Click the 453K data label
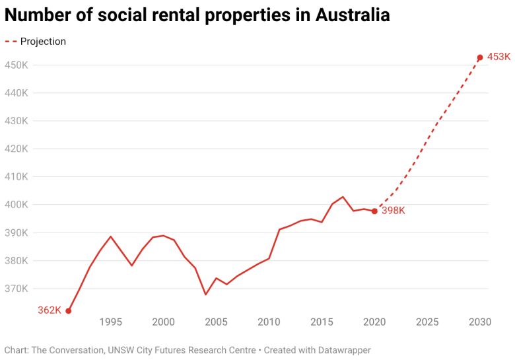(x=498, y=57)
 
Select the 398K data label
(x=393, y=211)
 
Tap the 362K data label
(x=50, y=310)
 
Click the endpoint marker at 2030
(x=480, y=57)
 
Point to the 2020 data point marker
(x=374, y=211)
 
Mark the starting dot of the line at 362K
(x=69, y=310)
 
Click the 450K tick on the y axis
(x=17, y=65)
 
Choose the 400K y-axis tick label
(x=17, y=205)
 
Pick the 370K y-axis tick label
(x=17, y=289)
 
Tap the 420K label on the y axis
(x=17, y=149)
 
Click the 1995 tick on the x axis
(x=110, y=322)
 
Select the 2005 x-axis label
(x=216, y=322)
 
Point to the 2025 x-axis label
(x=427, y=322)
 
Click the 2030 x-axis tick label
(x=480, y=322)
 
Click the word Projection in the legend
(x=43, y=42)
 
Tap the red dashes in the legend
(x=11, y=42)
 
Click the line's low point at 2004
(x=205, y=295)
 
